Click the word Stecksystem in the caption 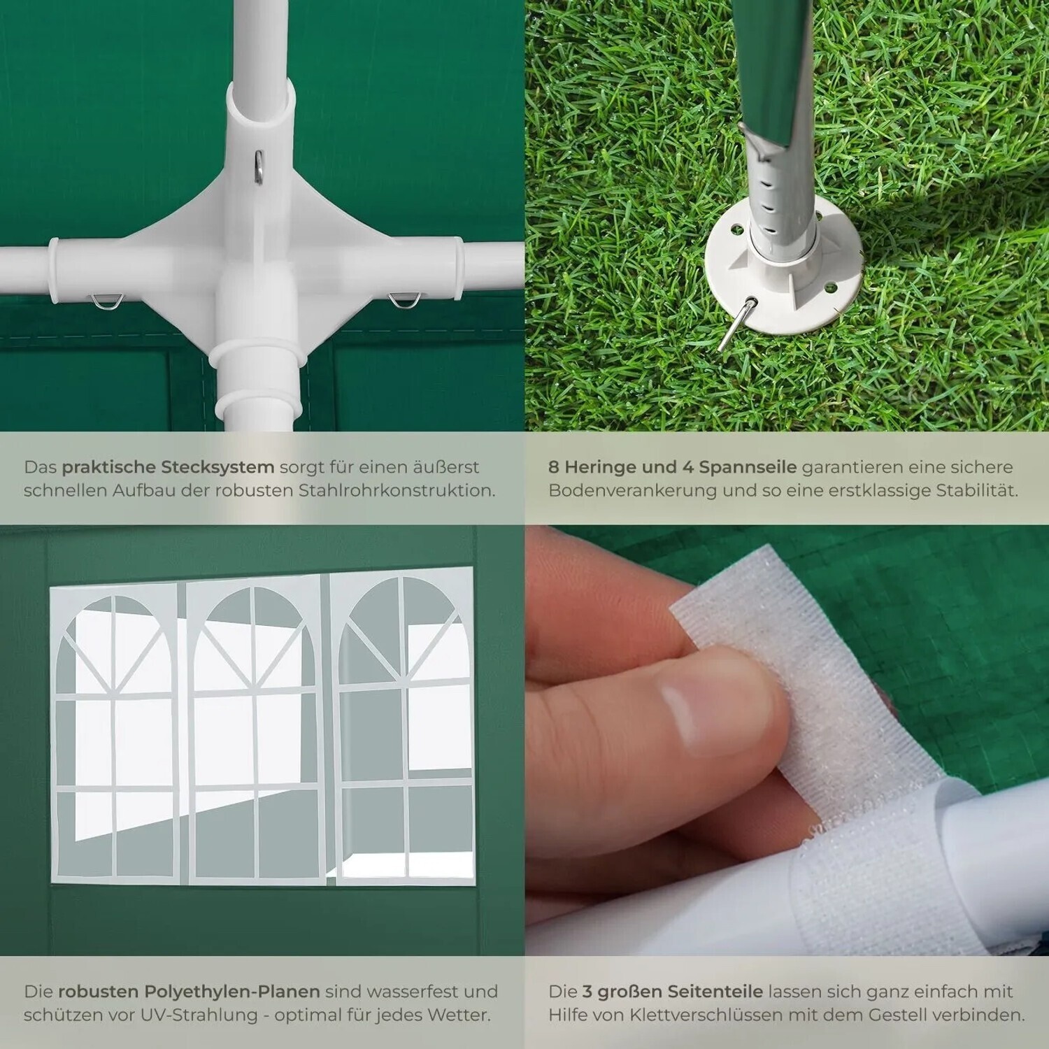pyautogui.click(x=218, y=467)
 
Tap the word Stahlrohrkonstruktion pyautogui.click(x=396, y=490)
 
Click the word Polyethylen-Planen pyautogui.click(x=231, y=992)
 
